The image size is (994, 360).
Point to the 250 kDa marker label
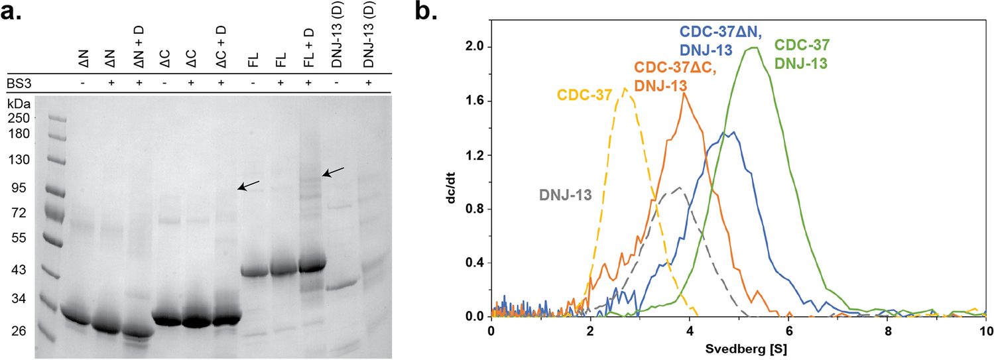pyautogui.click(x=18, y=118)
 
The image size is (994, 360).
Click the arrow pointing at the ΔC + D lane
pyautogui.click(x=249, y=185)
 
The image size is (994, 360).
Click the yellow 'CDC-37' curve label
pyautogui.click(x=585, y=95)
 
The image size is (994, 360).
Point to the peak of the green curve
pyautogui.click(x=753, y=47)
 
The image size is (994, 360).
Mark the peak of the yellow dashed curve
pyautogui.click(x=625, y=89)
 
